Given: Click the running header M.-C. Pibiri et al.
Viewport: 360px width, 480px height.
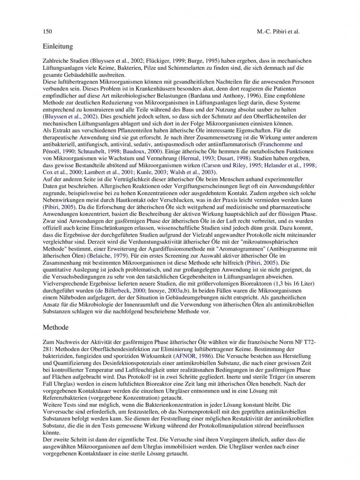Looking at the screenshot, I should (x=278, y=32).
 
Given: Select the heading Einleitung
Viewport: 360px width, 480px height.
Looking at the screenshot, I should (x=58, y=46).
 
